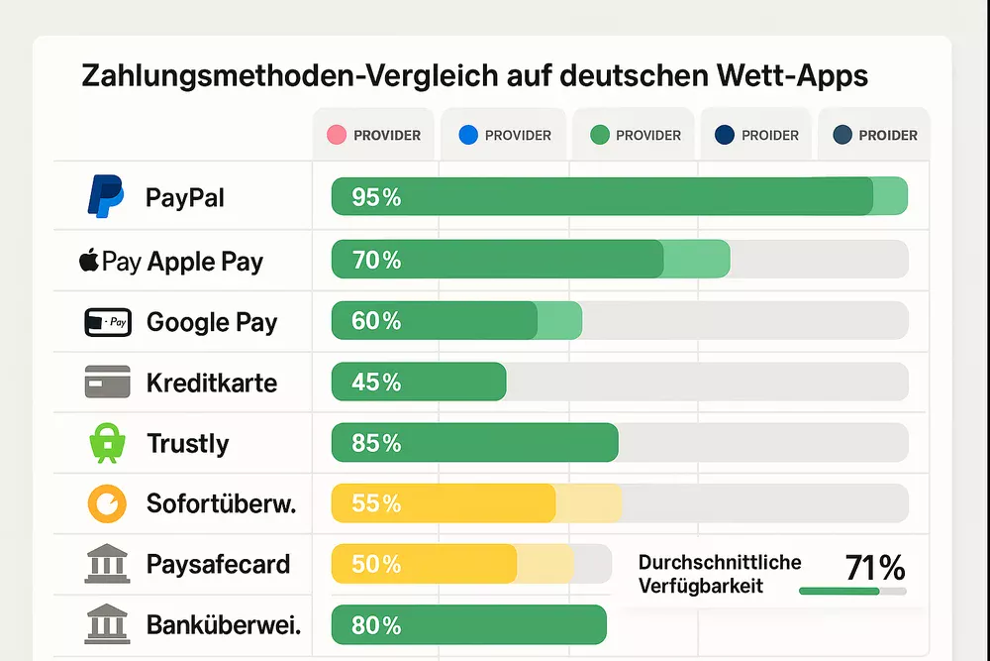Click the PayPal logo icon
click(x=106, y=196)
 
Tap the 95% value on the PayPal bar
click(x=376, y=197)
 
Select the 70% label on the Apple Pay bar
click(x=376, y=260)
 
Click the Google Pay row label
click(x=212, y=322)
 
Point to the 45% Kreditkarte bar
click(x=419, y=382)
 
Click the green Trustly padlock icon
click(x=106, y=443)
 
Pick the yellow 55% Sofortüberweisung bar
click(x=444, y=503)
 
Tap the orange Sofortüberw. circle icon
click(x=106, y=503)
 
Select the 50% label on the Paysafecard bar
click(x=376, y=565)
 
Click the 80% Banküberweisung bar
click(x=468, y=625)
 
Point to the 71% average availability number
click(x=875, y=568)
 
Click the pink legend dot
click(x=336, y=135)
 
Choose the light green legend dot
click(x=598, y=135)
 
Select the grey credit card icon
click(x=107, y=383)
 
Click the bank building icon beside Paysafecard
click(x=106, y=565)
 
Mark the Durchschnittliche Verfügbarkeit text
click(x=720, y=574)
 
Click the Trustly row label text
click(x=187, y=443)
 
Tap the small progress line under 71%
click(x=851, y=592)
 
